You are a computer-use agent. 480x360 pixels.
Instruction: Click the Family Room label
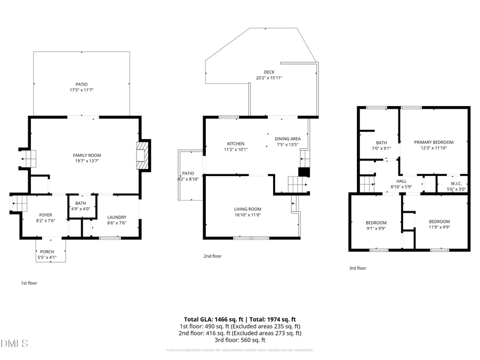point(87,155)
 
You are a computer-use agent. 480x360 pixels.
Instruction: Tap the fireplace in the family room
point(143,155)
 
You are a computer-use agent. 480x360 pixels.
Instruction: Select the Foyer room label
point(45,215)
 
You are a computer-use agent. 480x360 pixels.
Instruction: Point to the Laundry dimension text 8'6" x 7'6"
point(117,223)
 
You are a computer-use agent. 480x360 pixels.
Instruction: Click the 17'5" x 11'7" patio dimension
point(81,90)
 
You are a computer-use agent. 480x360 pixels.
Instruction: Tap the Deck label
point(269,72)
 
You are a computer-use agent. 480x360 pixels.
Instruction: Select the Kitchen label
point(236,143)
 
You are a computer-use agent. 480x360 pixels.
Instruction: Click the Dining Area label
point(287,139)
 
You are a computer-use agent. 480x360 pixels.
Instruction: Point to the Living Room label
point(247,209)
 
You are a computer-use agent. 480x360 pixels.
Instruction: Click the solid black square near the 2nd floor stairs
point(303,172)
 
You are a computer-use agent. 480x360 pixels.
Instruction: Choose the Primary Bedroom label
point(434,142)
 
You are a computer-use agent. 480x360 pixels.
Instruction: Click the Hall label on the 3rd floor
point(401,181)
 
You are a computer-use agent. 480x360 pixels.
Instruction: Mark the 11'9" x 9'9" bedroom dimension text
point(439,228)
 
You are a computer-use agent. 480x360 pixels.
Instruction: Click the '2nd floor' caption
point(212,256)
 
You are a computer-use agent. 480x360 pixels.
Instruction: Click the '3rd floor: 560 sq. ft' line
point(239,340)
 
